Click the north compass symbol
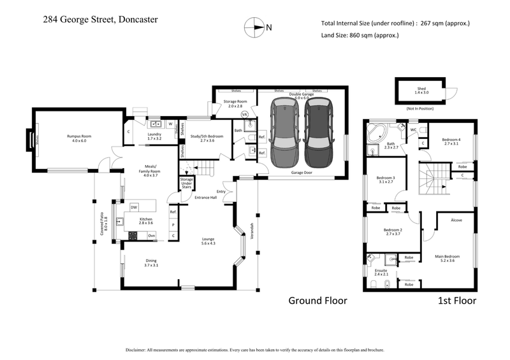tap(254, 27)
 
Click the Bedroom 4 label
tap(451, 142)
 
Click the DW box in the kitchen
tap(134, 208)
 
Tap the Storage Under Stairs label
tap(186, 184)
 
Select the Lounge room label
tap(208, 241)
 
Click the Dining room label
tap(151, 263)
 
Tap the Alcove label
tap(456, 220)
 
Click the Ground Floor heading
tap(317, 300)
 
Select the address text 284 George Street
tap(101, 19)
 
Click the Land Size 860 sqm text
tap(360, 35)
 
